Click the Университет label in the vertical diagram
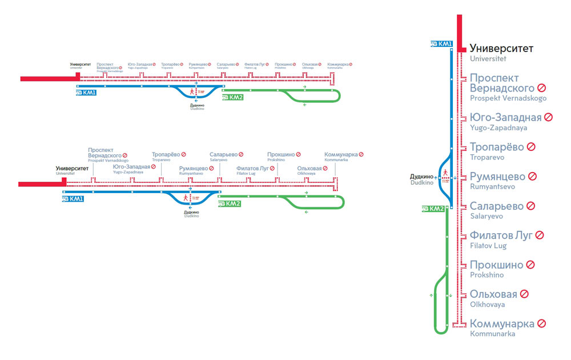coord(501,49)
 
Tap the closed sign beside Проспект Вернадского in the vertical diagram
coord(541,88)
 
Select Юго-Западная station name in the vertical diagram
coord(505,118)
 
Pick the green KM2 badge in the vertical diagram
coord(433,209)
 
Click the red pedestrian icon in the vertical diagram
coord(444,172)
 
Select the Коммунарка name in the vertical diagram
coord(502,323)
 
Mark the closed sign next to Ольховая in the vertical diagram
coord(524,294)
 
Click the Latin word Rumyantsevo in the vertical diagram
coord(492,187)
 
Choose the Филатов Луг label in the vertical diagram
coord(501,235)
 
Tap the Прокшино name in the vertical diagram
coord(496,265)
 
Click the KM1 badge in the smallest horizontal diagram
coord(86,92)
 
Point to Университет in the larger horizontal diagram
coord(73,169)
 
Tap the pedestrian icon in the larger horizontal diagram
coord(185,198)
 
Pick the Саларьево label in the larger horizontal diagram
coord(223,154)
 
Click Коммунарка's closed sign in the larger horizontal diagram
coord(361,154)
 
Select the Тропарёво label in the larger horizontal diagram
coord(166,154)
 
